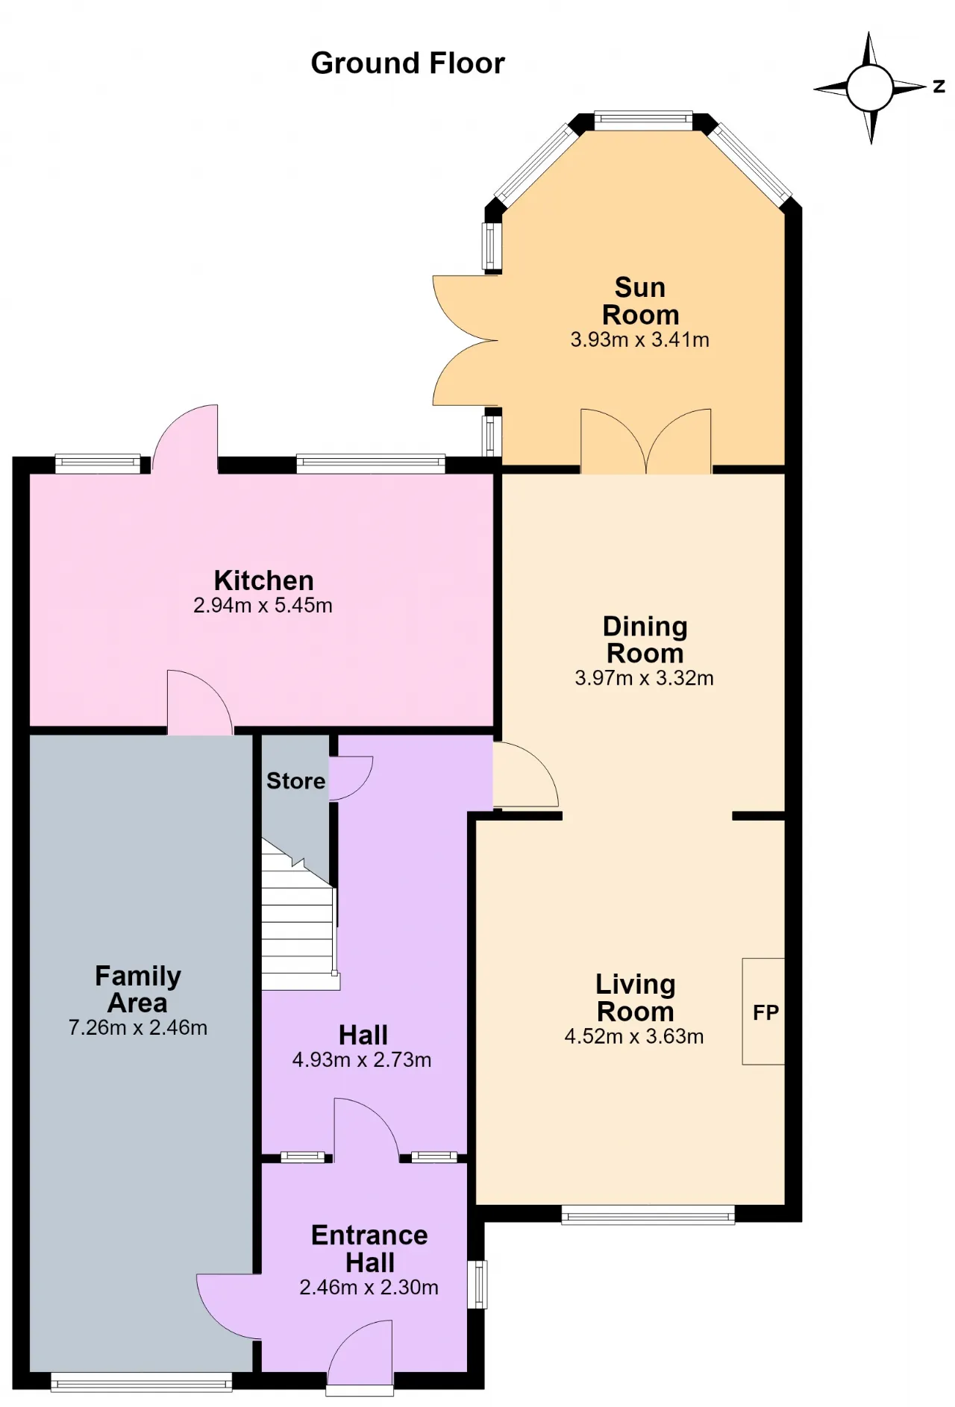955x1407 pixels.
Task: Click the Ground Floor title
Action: tap(407, 63)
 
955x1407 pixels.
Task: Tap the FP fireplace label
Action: tap(765, 1012)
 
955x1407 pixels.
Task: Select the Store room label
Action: tap(295, 781)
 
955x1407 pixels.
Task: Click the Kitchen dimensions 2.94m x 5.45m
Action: tap(263, 605)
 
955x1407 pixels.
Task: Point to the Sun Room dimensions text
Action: tap(639, 339)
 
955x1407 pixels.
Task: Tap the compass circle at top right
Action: tap(870, 88)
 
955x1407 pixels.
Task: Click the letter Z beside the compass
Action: tap(939, 87)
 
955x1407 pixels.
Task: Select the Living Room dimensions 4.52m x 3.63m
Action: tap(634, 1036)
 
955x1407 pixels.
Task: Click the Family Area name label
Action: tap(138, 989)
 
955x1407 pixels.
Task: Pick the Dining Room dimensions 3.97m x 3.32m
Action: tap(644, 678)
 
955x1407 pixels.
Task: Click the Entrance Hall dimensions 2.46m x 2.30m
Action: tap(369, 1287)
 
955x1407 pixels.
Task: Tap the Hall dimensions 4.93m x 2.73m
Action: tap(362, 1059)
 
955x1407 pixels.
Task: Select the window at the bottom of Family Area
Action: tap(142, 1382)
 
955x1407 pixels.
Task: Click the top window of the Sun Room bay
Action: tap(643, 120)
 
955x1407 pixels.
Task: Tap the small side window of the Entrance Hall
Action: tap(477, 1284)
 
